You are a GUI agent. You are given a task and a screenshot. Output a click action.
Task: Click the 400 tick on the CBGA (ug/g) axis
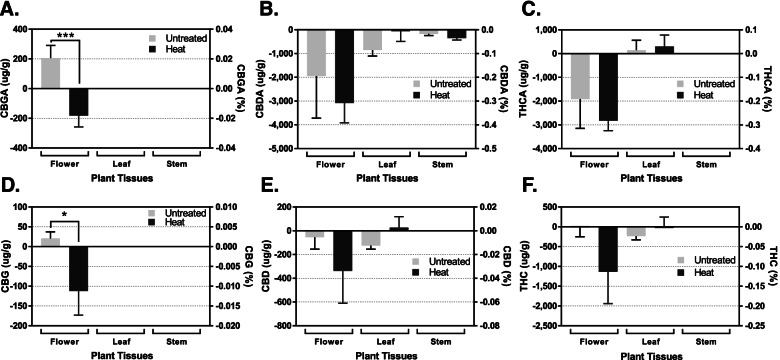pos(27,29)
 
